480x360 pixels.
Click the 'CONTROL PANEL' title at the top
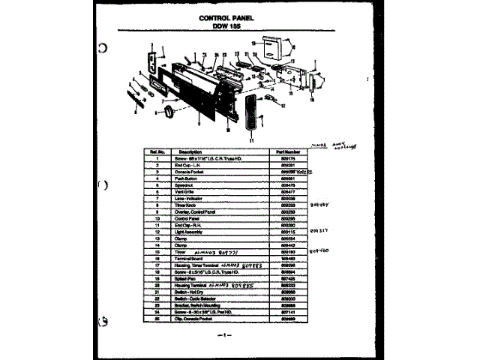click(x=229, y=18)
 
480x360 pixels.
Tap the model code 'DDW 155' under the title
click(x=229, y=25)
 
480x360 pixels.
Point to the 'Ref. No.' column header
click(x=157, y=151)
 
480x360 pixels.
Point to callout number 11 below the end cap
click(x=253, y=140)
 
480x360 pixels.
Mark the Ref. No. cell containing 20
click(x=157, y=285)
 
